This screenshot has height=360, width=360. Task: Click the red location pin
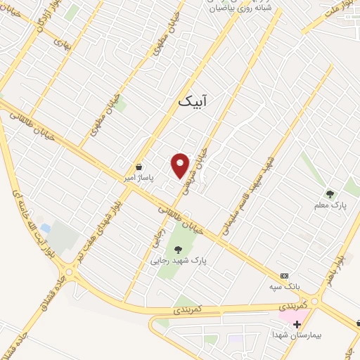coord(181,165)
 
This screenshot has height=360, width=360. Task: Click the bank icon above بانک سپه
coord(284,276)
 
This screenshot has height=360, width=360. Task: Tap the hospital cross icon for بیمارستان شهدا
coord(297,325)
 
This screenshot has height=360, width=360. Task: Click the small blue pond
coord(46,228)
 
